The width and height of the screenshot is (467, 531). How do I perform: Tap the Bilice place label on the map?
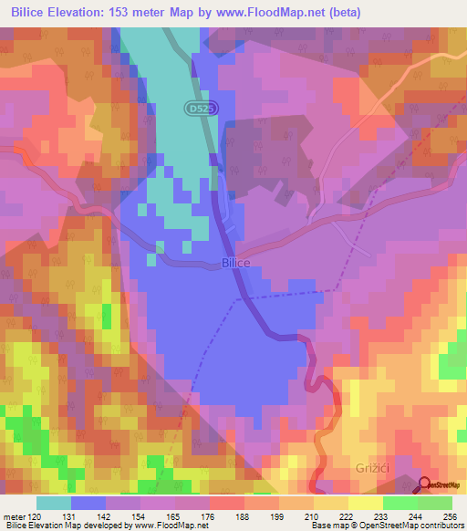pyautogui.click(x=235, y=263)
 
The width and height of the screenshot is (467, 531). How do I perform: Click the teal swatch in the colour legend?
pyautogui.click(x=54, y=503)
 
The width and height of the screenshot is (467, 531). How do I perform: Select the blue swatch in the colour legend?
pyautogui.click(x=88, y=503)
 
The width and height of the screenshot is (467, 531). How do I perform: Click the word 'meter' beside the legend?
pyautogui.click(x=14, y=516)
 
